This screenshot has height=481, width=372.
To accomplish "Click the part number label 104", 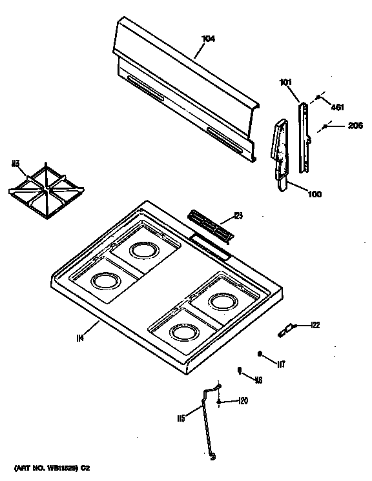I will (208, 39).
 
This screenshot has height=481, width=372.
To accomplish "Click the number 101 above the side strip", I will (285, 82).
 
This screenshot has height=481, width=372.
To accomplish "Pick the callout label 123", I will (238, 215).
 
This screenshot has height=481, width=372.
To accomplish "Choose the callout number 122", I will (315, 325).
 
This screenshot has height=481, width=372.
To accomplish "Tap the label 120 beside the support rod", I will (242, 401).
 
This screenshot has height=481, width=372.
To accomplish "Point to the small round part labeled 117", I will (260, 354).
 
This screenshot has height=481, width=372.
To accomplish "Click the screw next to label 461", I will (318, 98).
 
